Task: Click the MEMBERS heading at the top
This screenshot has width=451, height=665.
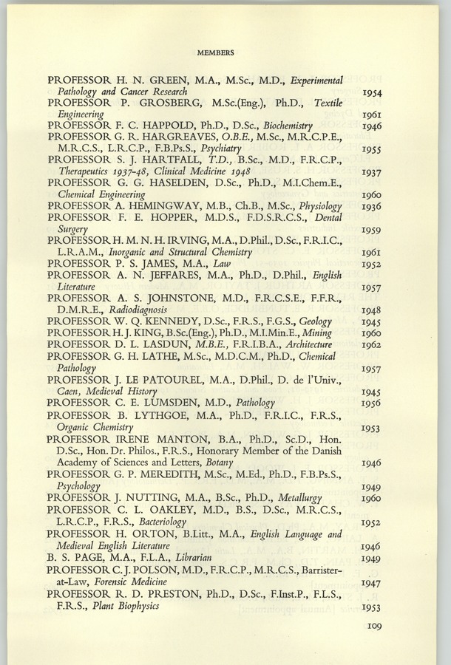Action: click(x=216, y=52)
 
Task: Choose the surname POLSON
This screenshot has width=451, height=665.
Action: click(x=156, y=570)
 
